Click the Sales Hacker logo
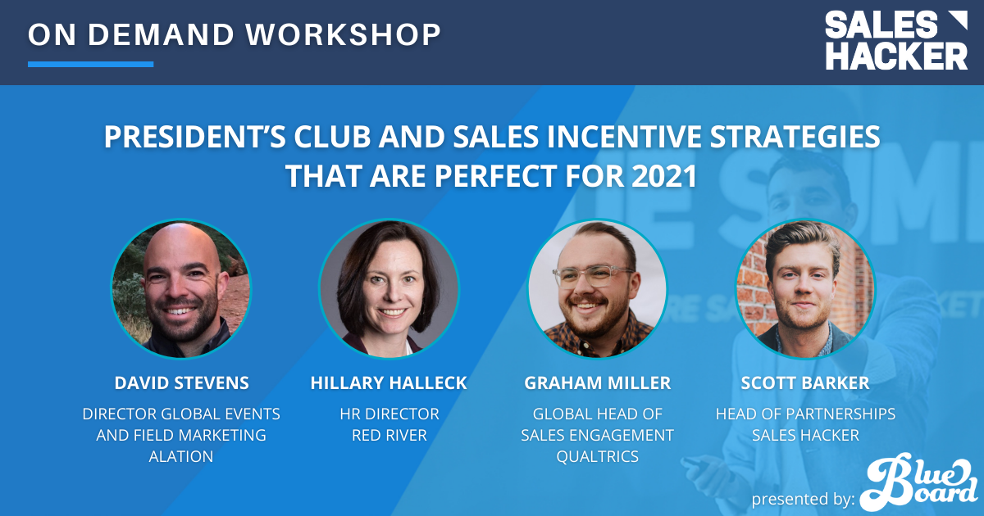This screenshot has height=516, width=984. pos(896,40)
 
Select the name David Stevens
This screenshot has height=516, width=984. pos(181,383)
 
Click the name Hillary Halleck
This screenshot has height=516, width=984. pos(389,383)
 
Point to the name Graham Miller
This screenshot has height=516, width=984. pos(598,383)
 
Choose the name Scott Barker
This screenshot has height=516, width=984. pos(805,383)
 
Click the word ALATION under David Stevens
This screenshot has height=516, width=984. pos(181,457)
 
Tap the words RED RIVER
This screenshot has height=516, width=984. pos(389,435)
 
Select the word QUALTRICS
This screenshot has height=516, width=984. pos(598,457)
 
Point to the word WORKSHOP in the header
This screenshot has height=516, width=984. pos(343,34)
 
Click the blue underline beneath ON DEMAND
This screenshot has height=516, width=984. pos(90,64)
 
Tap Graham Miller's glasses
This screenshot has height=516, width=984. pos(593,278)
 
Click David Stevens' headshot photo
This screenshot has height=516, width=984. pos(181,288)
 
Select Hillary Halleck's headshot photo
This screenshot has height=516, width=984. pos(389,288)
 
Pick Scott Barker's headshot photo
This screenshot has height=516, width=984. pos(805,288)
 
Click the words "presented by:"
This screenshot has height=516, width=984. pos(803,500)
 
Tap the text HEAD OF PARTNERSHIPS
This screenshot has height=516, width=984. pos(805,414)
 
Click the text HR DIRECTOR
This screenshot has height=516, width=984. pos(389,414)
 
